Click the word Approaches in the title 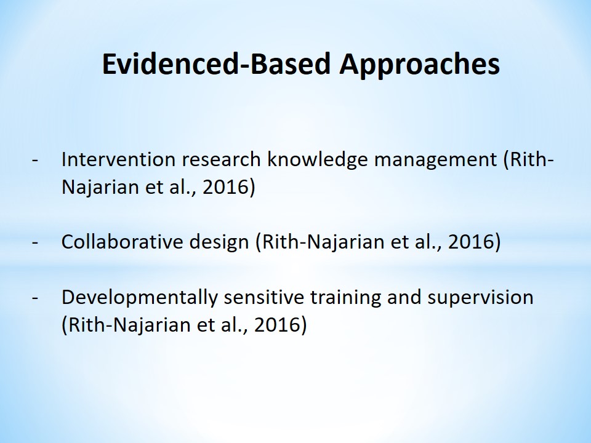point(419,65)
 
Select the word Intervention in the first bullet point(118,159)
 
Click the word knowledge point(318,161)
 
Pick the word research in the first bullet point(221,160)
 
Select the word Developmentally point(140,298)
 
